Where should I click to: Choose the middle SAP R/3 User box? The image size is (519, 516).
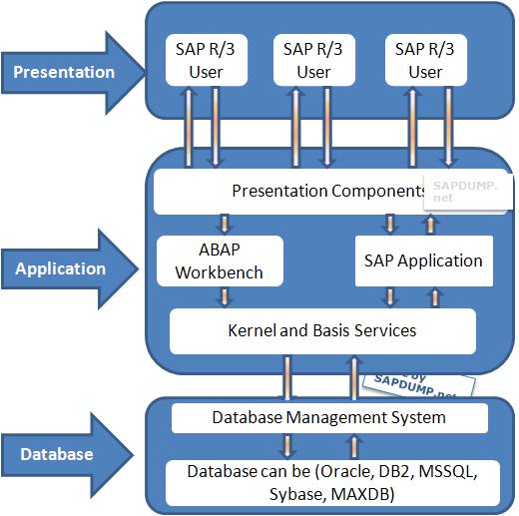coord(313,60)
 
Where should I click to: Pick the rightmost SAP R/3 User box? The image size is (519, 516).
coord(426,60)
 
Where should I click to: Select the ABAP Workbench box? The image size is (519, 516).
coord(220,260)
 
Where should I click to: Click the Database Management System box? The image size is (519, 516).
coord(329,417)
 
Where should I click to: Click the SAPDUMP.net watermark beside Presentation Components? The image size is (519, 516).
coord(457,191)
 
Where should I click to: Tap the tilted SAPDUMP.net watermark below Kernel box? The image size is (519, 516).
coord(404,380)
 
